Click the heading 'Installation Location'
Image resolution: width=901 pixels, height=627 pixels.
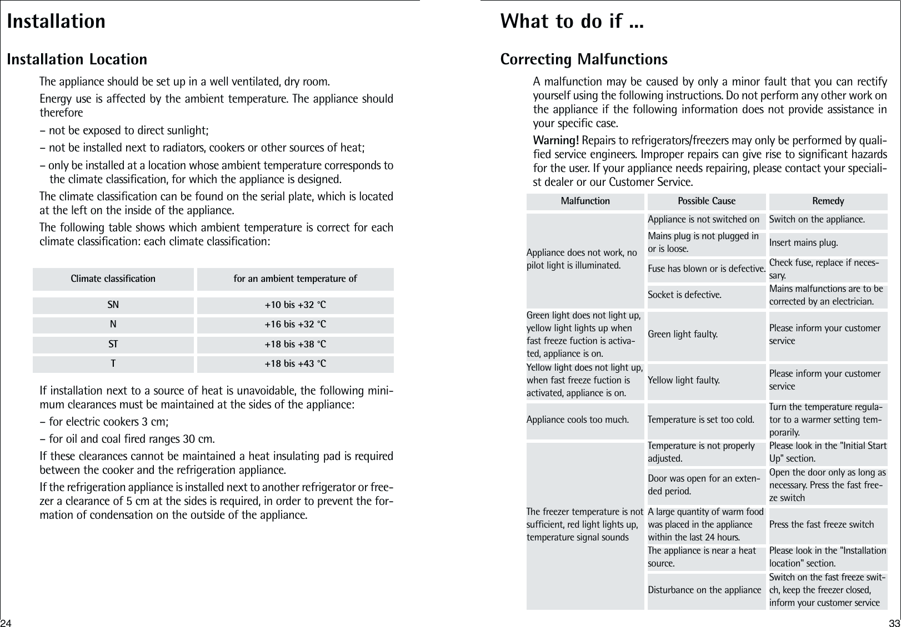pyautogui.click(x=77, y=59)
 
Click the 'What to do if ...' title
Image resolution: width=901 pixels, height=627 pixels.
pyautogui.click(x=572, y=22)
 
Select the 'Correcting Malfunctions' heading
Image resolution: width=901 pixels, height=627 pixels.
pyautogui.click(x=584, y=59)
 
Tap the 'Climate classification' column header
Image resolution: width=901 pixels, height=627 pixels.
pyautogui.click(x=113, y=279)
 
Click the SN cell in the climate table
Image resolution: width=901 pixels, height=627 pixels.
pyautogui.click(x=113, y=305)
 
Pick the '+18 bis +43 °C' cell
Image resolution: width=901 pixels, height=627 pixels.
pyautogui.click(x=295, y=364)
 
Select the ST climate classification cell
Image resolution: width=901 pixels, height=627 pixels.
pyautogui.click(x=113, y=345)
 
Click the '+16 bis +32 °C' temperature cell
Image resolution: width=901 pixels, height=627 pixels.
pyautogui.click(x=295, y=325)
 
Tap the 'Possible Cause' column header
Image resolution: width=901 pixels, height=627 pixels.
pyautogui.click(x=706, y=201)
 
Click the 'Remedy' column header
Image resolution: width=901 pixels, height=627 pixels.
pyautogui.click(x=828, y=201)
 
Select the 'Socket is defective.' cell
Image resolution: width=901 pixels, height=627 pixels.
pyautogui.click(x=684, y=295)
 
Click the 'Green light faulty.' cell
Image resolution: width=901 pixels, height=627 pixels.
pyautogui.click(x=682, y=334)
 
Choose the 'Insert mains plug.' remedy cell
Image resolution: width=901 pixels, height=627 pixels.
pyautogui.click(x=803, y=243)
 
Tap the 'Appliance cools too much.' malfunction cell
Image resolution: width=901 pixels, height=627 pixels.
pyautogui.click(x=577, y=419)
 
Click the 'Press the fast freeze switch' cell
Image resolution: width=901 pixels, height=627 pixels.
pyautogui.click(x=821, y=525)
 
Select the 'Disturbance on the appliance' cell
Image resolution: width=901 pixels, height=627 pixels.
pyautogui.click(x=704, y=590)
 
